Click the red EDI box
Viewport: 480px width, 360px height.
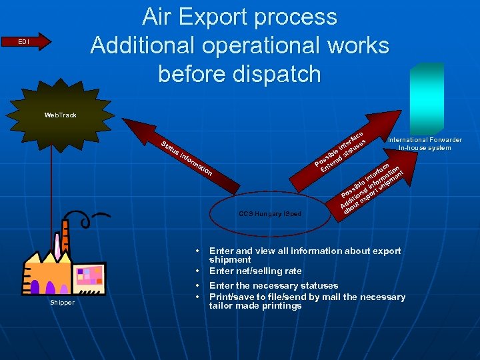pyautogui.click(x=23, y=42)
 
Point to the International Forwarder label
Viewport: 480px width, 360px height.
pyautogui.click(x=425, y=140)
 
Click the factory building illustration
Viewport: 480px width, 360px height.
pyautogui.click(x=63, y=267)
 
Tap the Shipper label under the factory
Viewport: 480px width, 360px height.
pyautogui.click(x=62, y=303)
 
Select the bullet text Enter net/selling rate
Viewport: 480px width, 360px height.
pyautogui.click(x=255, y=271)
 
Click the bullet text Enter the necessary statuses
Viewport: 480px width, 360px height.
pyautogui.click(x=273, y=286)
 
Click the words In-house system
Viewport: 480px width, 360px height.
pyautogui.click(x=425, y=148)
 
